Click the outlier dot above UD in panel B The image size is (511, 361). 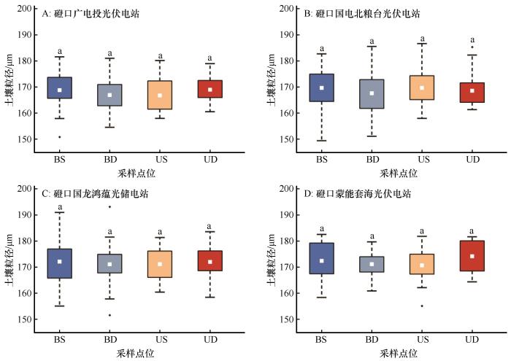pos(472,47)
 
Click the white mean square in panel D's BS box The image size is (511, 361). pos(323,260)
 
